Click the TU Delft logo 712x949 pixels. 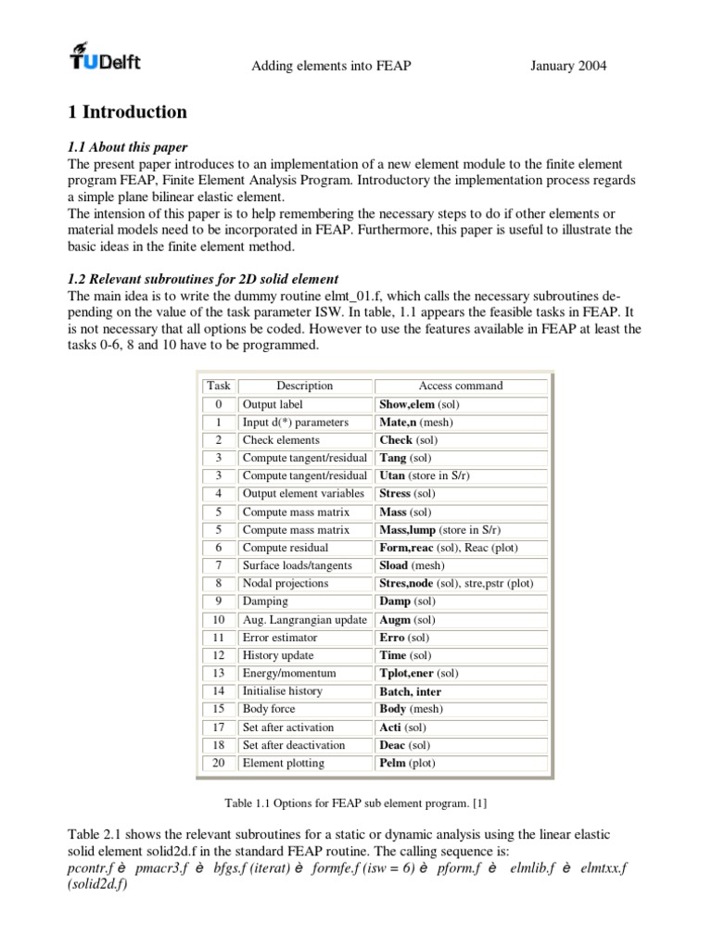[105, 57]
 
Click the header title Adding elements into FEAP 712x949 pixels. [320, 66]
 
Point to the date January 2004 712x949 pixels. [568, 66]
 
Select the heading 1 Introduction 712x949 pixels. [128, 112]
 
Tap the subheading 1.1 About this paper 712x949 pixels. [128, 146]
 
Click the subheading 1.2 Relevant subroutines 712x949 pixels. [204, 279]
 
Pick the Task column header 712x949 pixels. [219, 386]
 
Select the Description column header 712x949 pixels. [304, 386]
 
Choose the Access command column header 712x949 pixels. [461, 386]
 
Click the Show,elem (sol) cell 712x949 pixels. [419, 404]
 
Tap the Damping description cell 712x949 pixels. [265, 601]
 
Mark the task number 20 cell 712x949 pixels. [219, 763]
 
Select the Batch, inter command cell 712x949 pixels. [410, 691]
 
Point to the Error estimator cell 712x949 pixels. [279, 638]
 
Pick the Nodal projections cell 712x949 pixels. [285, 584]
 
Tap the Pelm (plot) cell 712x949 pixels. [406, 763]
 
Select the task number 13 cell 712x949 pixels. [219, 673]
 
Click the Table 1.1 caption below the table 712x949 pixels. [355, 802]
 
